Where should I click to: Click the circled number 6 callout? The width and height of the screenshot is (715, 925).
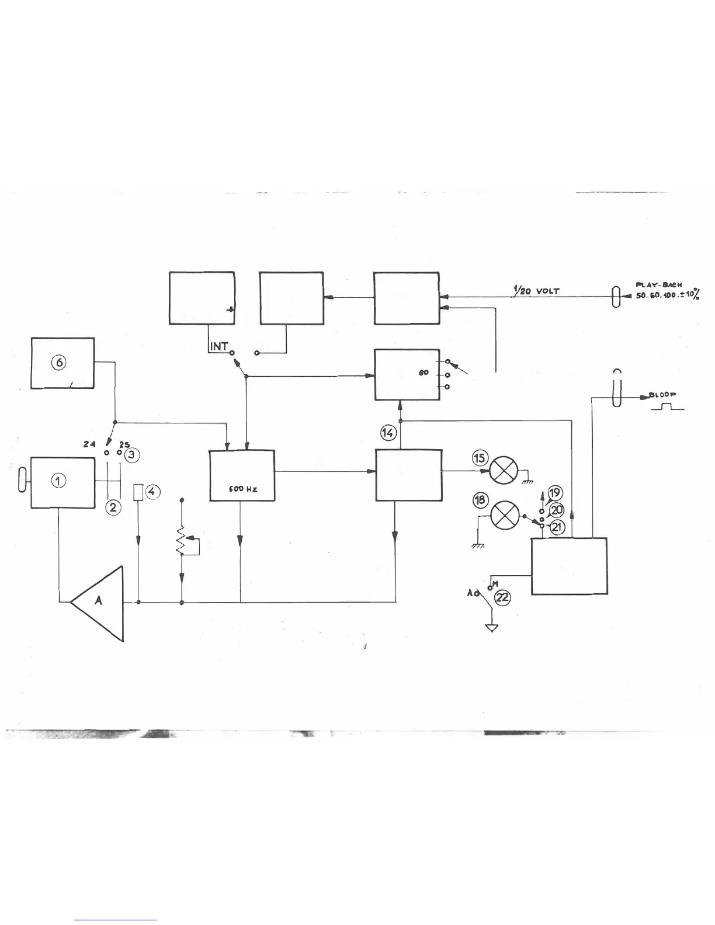58,362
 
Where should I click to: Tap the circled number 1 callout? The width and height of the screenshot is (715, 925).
59,481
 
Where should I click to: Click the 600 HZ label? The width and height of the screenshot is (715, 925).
242,489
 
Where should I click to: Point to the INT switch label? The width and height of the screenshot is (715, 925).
219,346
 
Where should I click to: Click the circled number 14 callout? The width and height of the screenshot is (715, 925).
388,433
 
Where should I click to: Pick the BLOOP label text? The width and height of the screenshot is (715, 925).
663,395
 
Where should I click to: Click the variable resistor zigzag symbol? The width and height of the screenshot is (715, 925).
182,541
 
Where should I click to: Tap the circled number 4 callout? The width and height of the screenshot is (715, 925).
151,492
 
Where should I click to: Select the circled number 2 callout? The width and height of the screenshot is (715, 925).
113,507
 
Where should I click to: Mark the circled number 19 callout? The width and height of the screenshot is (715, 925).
554,493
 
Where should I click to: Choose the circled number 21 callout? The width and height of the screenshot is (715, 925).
558,526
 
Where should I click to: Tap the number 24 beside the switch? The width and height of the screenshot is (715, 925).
89,444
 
